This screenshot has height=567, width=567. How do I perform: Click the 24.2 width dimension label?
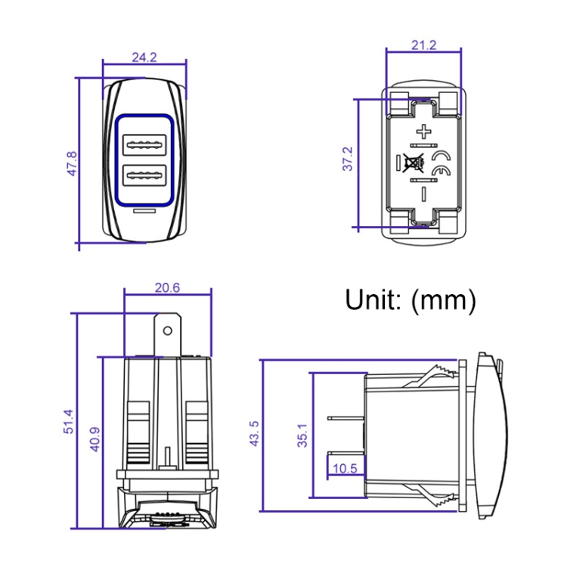tap(144, 57)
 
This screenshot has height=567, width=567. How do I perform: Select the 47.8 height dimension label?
tap(72, 164)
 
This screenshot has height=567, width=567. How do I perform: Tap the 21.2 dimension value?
tap(424, 45)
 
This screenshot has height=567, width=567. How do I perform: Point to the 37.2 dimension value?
tap(348, 159)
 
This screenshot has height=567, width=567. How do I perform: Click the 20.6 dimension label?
tap(167, 287)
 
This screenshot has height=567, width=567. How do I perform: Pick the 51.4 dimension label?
tap(68, 422)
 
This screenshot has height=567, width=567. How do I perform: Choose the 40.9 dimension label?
tap(94, 439)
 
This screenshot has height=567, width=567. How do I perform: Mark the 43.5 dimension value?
tap(255, 434)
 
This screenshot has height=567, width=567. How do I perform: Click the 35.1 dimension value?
tap(302, 435)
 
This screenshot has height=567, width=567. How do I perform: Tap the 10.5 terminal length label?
tap(345, 469)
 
